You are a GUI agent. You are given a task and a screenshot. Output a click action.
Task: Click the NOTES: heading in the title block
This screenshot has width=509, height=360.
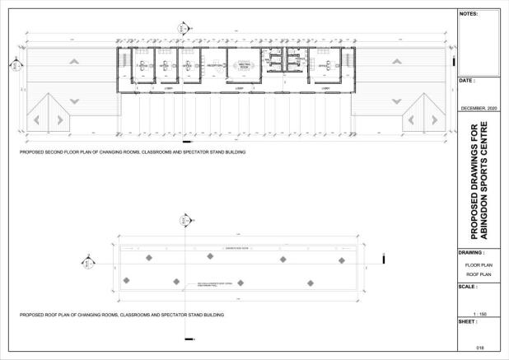[x=467, y=14]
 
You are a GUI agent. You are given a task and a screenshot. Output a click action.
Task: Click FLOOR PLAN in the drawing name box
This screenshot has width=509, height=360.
[x=478, y=265]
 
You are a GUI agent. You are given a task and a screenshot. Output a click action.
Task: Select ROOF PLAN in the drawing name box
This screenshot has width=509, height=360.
[x=478, y=274]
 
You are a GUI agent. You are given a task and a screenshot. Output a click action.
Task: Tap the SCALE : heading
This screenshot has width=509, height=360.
[x=469, y=287]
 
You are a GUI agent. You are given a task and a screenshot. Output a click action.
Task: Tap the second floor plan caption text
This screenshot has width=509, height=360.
[x=133, y=152]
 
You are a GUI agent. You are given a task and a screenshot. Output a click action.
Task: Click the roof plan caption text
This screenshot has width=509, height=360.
[x=122, y=315]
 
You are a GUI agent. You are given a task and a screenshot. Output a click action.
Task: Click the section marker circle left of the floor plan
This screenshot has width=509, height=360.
[x=13, y=63]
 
